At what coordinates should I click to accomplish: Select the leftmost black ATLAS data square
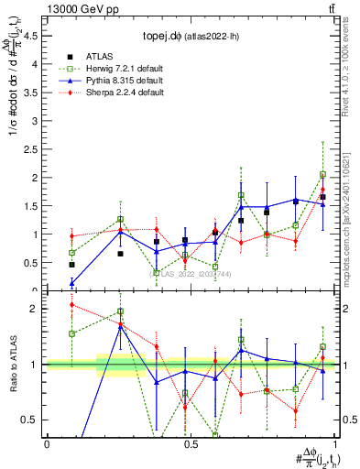71,265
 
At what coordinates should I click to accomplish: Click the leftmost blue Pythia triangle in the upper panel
71,282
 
